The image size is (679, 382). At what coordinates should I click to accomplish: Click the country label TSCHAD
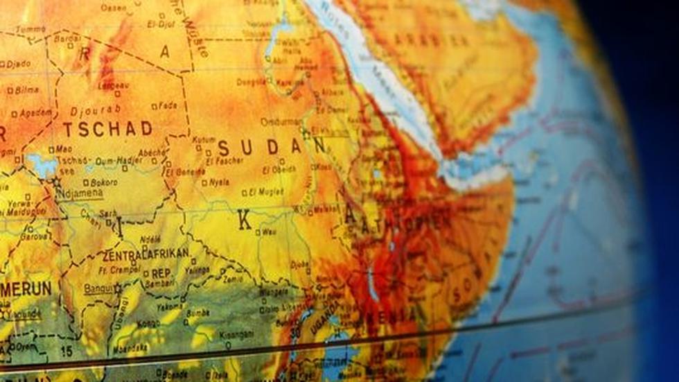click(x=107, y=129)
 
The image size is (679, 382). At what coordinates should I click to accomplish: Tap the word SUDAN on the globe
click(x=270, y=147)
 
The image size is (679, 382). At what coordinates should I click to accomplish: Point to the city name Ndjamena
click(x=80, y=193)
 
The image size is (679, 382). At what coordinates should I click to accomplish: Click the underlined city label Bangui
click(x=98, y=288)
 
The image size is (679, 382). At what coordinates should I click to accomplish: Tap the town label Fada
click(x=168, y=106)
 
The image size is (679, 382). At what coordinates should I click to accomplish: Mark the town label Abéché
click(x=152, y=153)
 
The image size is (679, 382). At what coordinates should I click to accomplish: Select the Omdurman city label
click(x=281, y=122)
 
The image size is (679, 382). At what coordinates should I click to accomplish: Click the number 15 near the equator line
click(x=66, y=352)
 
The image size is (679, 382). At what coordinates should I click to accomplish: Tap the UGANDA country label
click(x=326, y=315)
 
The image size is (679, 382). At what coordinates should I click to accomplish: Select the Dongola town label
click(x=252, y=81)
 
